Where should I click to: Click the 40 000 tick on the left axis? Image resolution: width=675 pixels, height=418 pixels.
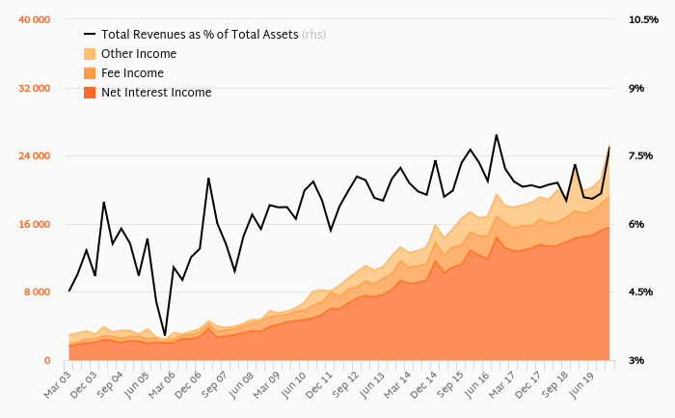point(36,19)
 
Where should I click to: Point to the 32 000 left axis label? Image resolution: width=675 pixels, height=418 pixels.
point(36,88)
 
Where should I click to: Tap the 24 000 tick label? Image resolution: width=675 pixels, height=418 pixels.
point(36,155)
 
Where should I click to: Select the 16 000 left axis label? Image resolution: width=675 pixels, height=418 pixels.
point(36,224)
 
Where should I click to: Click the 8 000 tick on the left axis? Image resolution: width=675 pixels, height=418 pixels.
point(39,292)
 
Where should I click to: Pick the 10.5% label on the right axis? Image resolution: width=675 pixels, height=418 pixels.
point(642,19)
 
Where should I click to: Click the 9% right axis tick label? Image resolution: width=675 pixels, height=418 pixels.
point(635,88)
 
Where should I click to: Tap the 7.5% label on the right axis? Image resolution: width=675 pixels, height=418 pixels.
point(640,155)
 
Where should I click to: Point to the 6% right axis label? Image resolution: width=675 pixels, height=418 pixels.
point(635,224)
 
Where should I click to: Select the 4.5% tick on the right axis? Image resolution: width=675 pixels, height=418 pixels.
point(640,292)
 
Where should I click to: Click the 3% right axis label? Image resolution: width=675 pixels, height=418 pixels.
point(635,360)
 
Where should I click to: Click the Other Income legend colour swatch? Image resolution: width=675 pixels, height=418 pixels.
point(90,54)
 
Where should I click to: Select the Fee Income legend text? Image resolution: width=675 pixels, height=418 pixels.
point(132,73)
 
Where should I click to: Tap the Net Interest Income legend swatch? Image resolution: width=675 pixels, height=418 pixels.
point(90,93)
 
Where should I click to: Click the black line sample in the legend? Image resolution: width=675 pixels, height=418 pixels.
point(90,35)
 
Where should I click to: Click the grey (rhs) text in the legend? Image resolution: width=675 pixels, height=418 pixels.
point(313,35)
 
